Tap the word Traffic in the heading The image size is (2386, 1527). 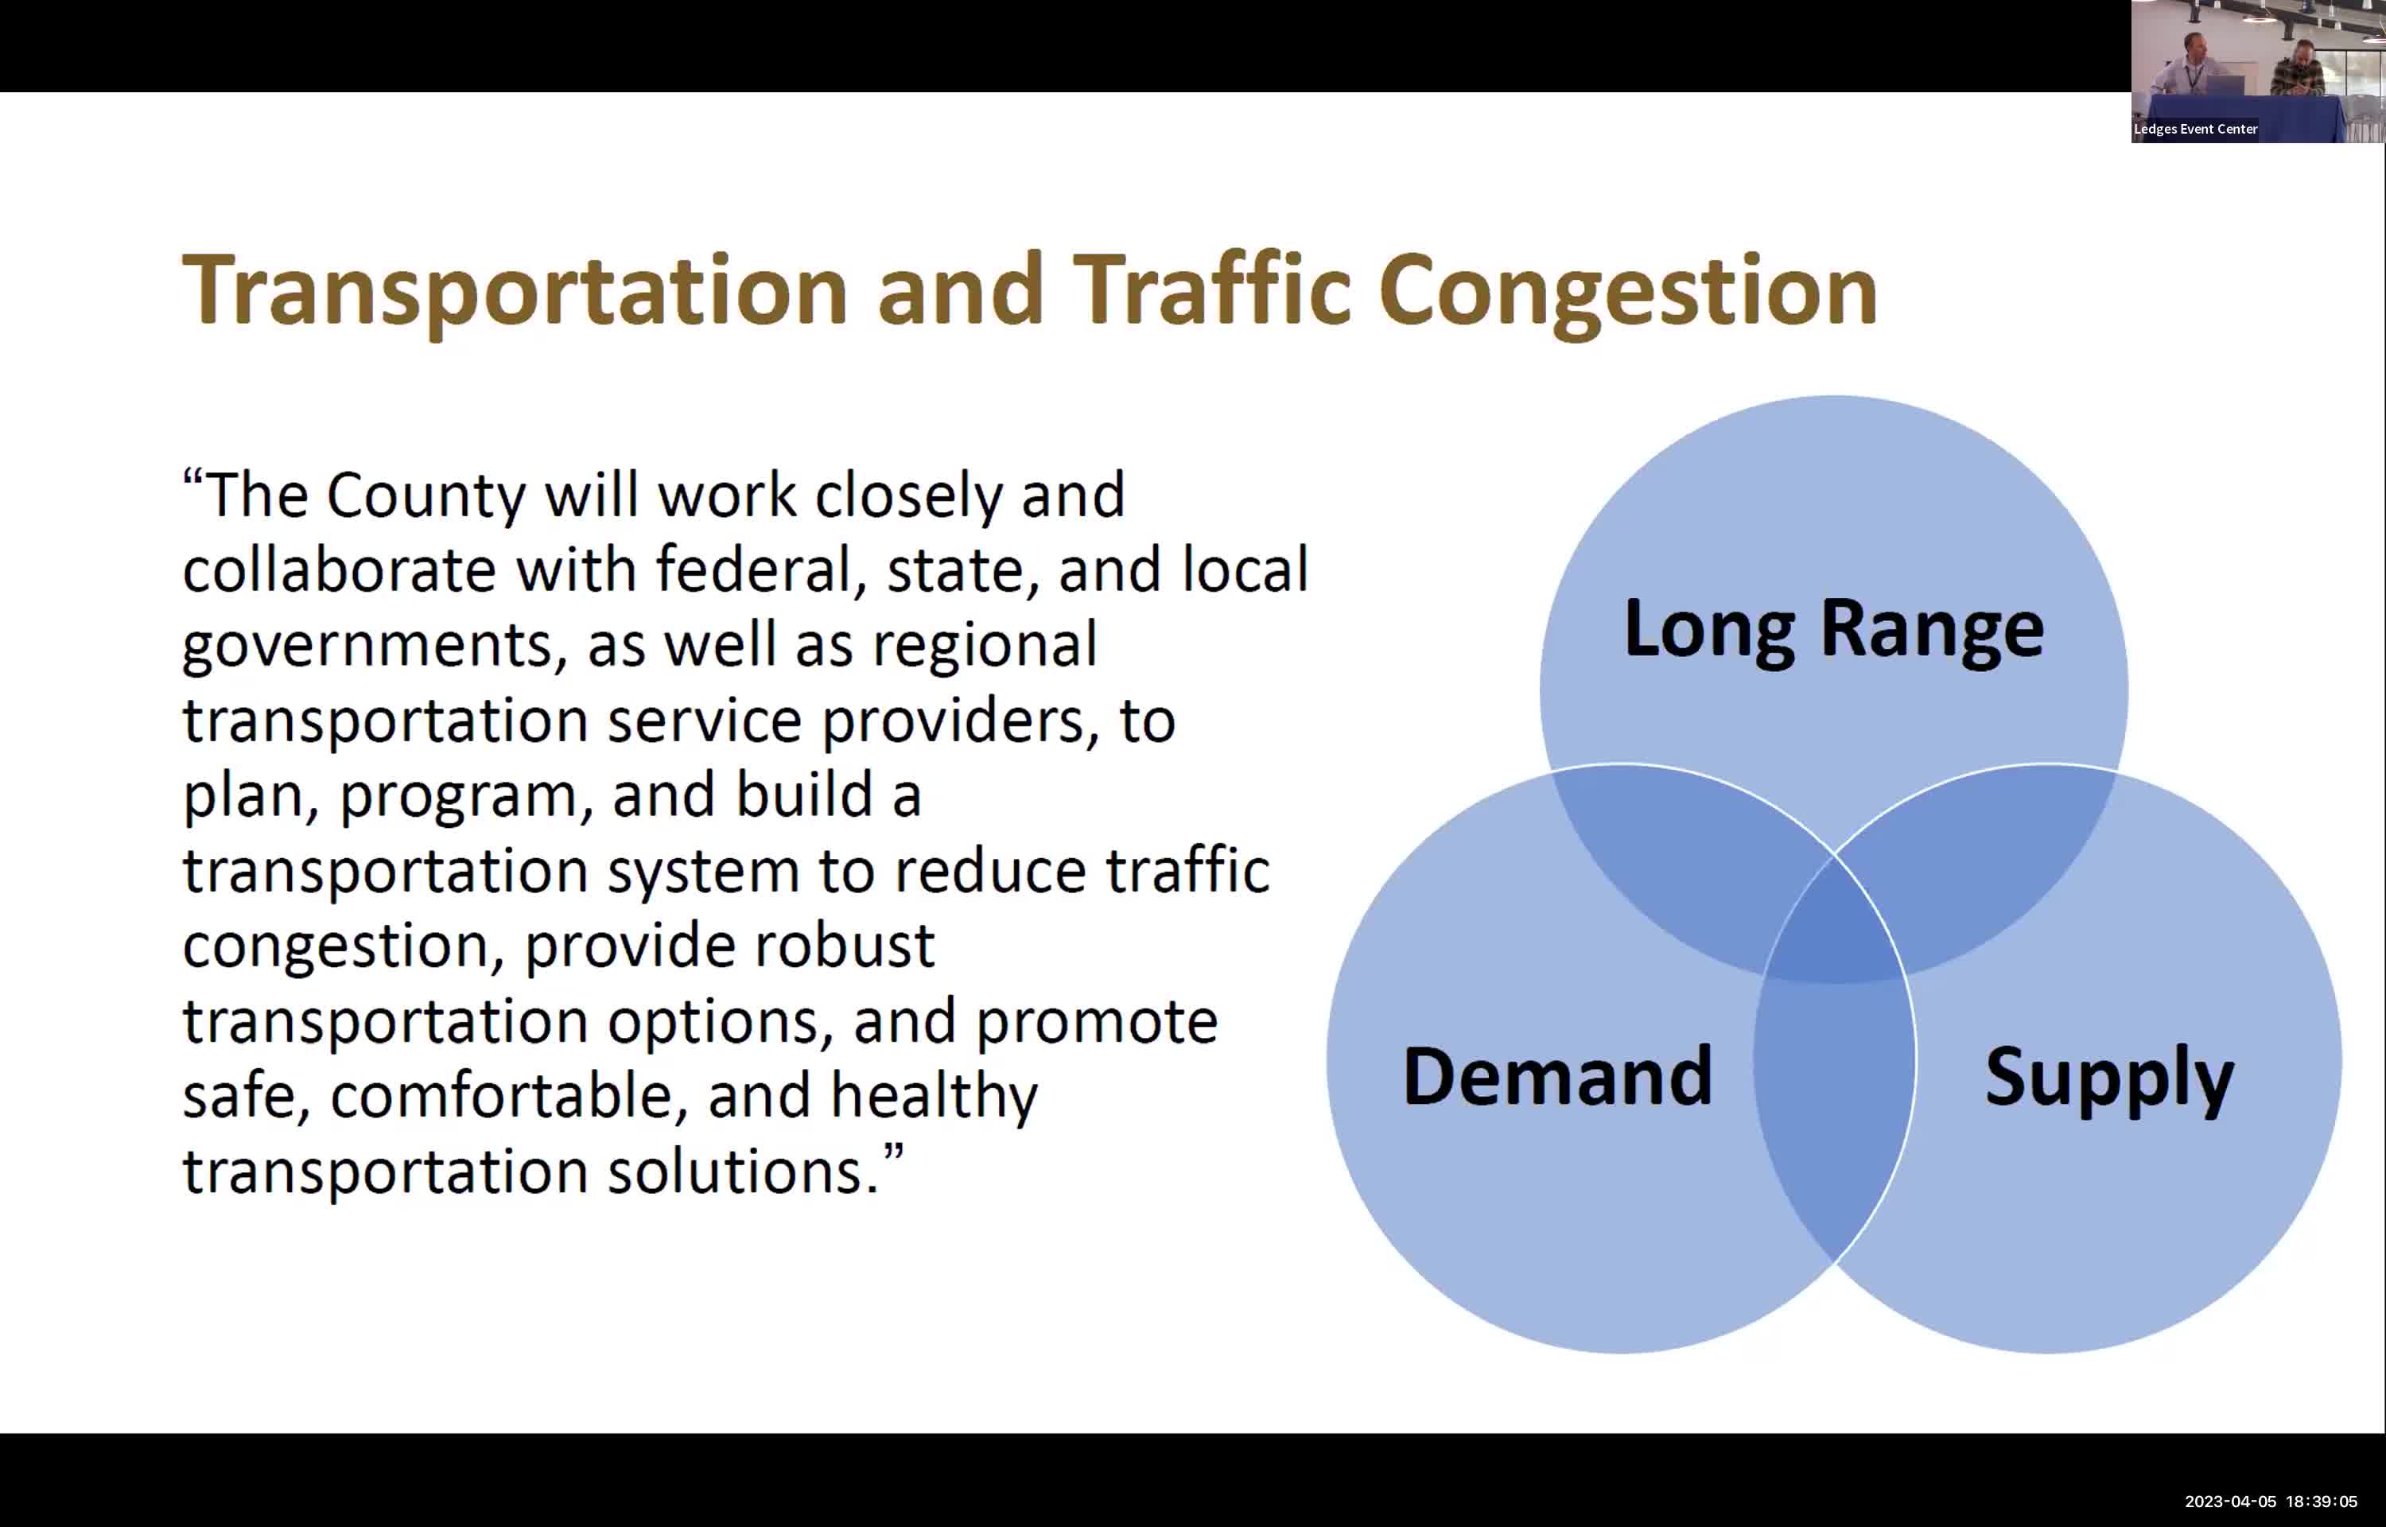[x=1210, y=289]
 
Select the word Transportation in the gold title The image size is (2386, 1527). [x=515, y=289]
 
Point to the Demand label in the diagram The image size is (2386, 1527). [x=1556, y=1077]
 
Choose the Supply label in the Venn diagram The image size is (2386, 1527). [x=2108, y=1077]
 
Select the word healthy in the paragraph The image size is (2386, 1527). [x=933, y=1096]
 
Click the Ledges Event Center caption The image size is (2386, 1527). [x=2194, y=129]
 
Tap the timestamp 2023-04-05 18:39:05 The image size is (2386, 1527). [x=2270, y=1502]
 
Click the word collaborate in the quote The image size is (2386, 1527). [x=338, y=570]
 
